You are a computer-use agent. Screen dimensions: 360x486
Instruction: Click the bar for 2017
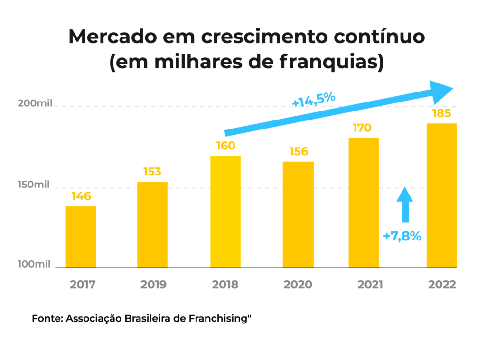point(81,237)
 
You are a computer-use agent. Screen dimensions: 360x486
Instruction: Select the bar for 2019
point(152,225)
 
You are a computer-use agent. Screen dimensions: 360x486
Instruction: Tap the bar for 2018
point(225,212)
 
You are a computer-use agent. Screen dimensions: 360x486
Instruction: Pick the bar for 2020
point(298,214)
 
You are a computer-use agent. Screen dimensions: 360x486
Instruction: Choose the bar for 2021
point(363,203)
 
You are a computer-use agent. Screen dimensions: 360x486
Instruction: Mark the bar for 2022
point(441,195)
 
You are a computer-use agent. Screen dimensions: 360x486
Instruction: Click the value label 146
point(81,196)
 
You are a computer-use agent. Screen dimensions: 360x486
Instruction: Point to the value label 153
point(152,172)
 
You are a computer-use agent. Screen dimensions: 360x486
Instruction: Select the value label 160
point(225,146)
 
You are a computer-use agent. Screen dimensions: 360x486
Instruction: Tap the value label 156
point(299,152)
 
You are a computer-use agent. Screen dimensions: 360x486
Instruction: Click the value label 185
point(441,114)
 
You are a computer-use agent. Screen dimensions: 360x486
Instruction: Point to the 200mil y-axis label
point(34,104)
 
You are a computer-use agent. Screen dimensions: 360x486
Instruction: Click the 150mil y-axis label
point(34,185)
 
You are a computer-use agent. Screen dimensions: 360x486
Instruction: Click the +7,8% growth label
point(402,236)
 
